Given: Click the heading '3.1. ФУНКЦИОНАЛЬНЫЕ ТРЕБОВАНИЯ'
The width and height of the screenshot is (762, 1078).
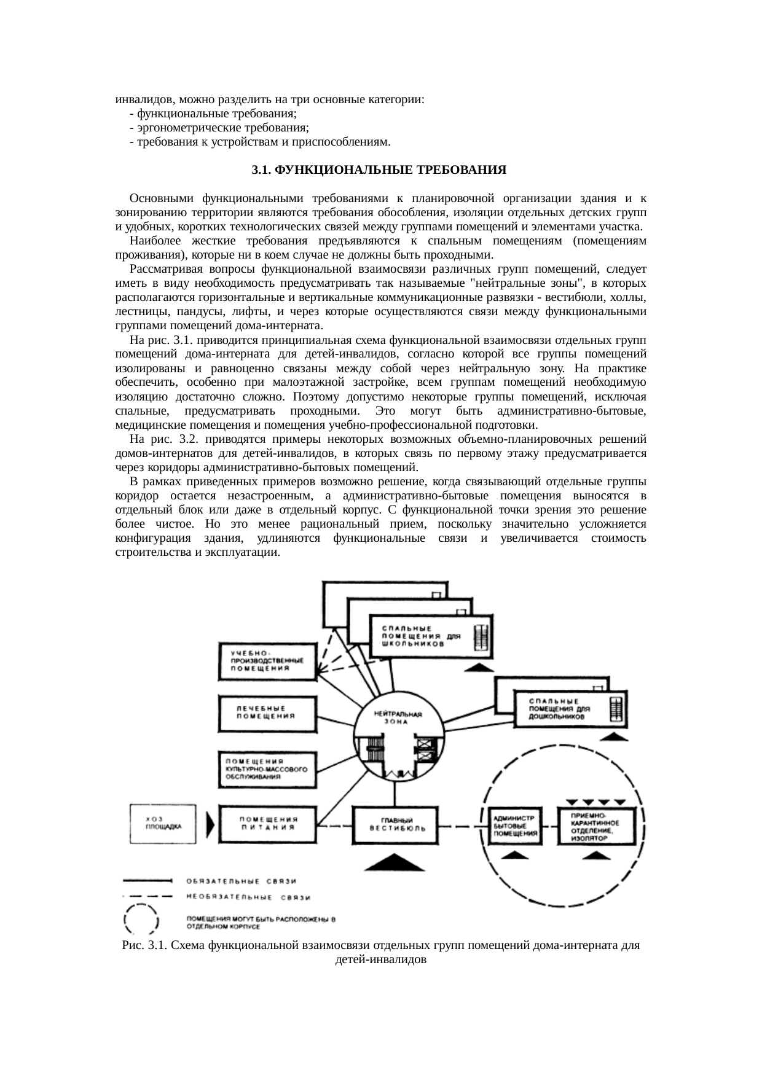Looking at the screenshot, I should [x=379, y=170].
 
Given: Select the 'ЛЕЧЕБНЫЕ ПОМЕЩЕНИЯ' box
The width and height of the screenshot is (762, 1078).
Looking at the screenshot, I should [x=268, y=713].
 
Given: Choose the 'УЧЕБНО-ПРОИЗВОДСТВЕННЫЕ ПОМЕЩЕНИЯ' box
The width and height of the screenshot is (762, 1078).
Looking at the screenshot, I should [x=268, y=661].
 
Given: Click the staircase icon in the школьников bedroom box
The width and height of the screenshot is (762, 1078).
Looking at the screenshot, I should [x=481, y=636].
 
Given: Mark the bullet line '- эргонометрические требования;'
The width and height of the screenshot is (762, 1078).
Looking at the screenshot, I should [x=219, y=128].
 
